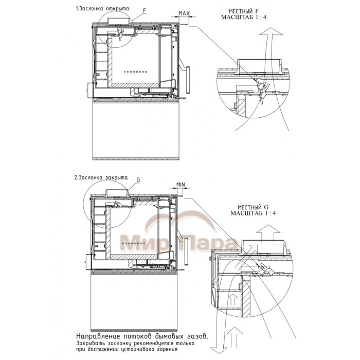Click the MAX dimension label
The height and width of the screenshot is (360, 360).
click(184, 13)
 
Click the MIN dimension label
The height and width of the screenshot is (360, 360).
click(181, 185)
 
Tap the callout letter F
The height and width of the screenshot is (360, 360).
click(145, 11)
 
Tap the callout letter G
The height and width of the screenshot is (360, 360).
click(138, 180)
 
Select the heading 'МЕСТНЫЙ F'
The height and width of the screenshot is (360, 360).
click(244, 11)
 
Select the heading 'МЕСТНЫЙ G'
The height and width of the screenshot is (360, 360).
click(253, 207)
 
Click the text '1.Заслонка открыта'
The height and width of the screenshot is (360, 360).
click(102, 9)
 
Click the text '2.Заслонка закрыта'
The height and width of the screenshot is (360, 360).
click(101, 177)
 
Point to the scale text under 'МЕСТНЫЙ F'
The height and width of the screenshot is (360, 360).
click(244, 17)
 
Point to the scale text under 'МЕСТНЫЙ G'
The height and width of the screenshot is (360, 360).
click(253, 213)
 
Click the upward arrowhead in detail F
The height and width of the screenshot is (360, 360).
click(271, 31)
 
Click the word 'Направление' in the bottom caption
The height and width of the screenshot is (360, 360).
click(98, 336)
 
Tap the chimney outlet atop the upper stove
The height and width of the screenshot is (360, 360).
click(120, 20)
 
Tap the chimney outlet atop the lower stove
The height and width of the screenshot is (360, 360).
click(116, 192)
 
